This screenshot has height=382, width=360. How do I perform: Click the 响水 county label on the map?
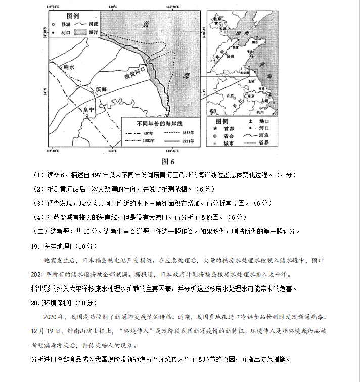(x=68, y=67)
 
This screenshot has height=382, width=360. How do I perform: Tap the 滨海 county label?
(x=101, y=89)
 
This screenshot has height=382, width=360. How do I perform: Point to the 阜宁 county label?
(x=88, y=109)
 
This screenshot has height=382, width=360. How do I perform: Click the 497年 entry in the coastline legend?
(x=148, y=133)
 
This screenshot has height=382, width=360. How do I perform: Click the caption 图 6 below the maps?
(x=167, y=162)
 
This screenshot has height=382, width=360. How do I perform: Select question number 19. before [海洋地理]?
(x=35, y=246)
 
